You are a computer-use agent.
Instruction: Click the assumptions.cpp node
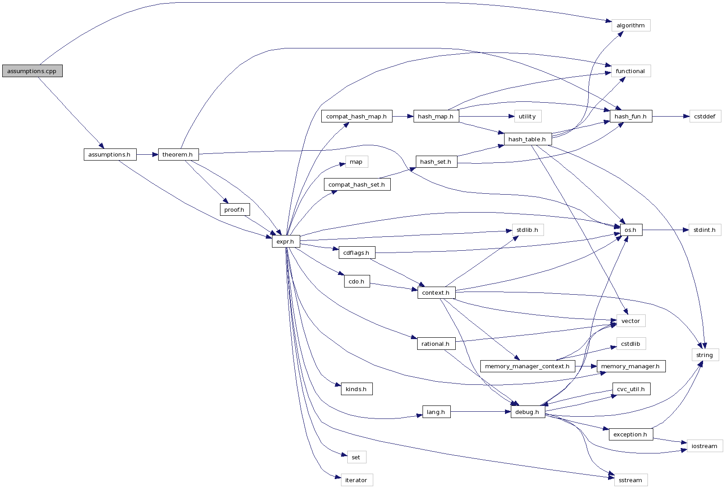32,71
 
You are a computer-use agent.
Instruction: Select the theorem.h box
178,154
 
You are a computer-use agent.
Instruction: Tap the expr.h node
285,241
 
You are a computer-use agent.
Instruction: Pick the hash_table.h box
527,139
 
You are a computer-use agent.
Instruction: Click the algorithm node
630,26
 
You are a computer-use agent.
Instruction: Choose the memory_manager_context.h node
527,366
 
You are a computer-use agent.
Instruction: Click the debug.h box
527,412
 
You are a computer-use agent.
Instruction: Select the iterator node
356,480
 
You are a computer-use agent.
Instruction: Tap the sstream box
630,480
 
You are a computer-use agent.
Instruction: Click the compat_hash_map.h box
356,116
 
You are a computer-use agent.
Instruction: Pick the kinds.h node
356,389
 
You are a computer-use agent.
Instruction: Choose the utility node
527,116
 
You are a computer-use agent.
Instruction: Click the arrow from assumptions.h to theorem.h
147,154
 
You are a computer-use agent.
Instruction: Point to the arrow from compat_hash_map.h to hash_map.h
402,116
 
